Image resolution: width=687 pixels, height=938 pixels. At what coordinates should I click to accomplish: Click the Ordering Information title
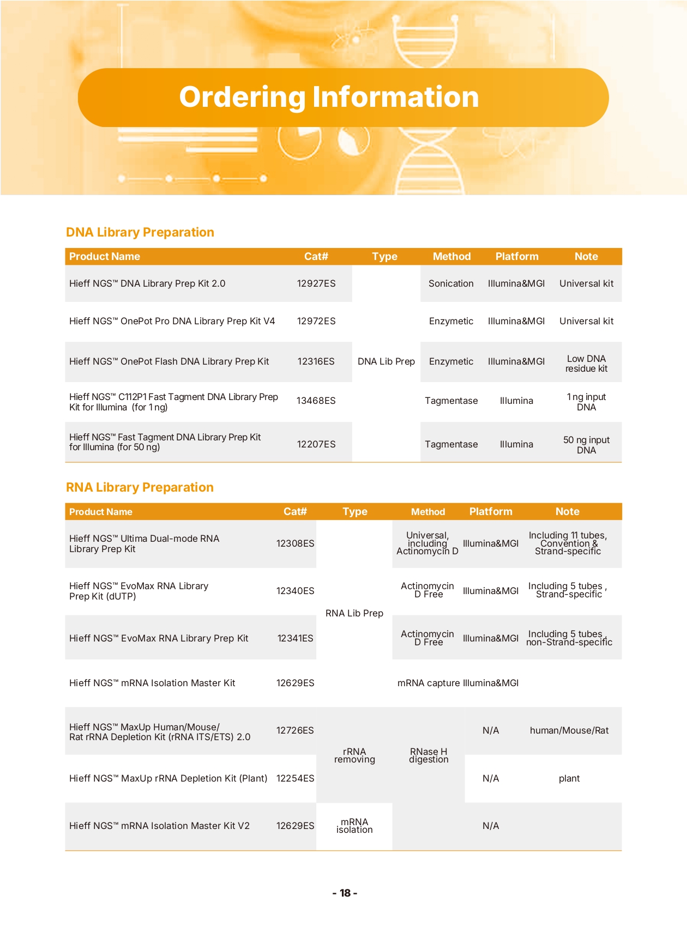coord(329,97)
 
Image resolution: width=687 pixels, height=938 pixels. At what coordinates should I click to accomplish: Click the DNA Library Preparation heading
coord(140,232)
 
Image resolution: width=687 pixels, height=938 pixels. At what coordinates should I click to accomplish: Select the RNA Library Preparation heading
coord(140,487)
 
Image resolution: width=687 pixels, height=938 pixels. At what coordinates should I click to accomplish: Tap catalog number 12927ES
coord(316,283)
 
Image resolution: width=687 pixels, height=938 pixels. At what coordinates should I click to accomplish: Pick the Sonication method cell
coord(451,283)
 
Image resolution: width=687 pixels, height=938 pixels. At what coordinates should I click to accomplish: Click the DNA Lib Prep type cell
coord(386,361)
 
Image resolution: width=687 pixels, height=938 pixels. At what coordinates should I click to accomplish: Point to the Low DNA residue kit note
coord(586,364)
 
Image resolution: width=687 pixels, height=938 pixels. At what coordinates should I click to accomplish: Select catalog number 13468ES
coord(316,401)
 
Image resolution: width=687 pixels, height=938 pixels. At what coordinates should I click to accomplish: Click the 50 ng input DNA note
coord(586,445)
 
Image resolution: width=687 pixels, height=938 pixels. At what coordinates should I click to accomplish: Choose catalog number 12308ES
coord(295,543)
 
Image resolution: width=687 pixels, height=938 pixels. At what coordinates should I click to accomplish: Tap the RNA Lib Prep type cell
coord(354,613)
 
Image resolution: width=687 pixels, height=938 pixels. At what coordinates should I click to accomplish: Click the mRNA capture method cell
coord(429,683)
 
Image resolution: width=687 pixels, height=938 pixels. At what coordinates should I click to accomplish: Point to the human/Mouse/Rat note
coord(569,730)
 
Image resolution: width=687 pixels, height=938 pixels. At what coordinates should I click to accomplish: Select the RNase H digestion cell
coord(429,755)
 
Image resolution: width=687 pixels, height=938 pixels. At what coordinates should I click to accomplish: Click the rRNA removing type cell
coord(354,755)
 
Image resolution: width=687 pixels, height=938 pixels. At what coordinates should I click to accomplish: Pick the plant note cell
coord(569,778)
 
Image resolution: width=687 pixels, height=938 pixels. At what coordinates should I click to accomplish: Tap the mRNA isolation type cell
coord(354,826)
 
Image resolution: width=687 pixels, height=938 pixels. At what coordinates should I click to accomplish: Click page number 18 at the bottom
coord(345,893)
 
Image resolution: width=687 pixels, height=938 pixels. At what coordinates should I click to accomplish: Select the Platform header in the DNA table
coord(516,256)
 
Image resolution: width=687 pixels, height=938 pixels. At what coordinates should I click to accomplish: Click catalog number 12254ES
coord(295,778)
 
